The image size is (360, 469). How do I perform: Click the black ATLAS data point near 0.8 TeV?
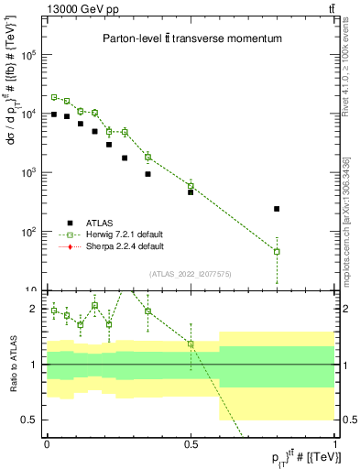click(x=277, y=209)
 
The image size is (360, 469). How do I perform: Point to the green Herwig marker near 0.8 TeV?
click(x=277, y=251)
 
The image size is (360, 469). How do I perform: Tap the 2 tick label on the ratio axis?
click(x=34, y=309)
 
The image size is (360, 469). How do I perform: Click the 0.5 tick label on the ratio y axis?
click(x=30, y=420)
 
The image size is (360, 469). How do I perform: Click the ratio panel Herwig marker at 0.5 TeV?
click(x=191, y=344)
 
